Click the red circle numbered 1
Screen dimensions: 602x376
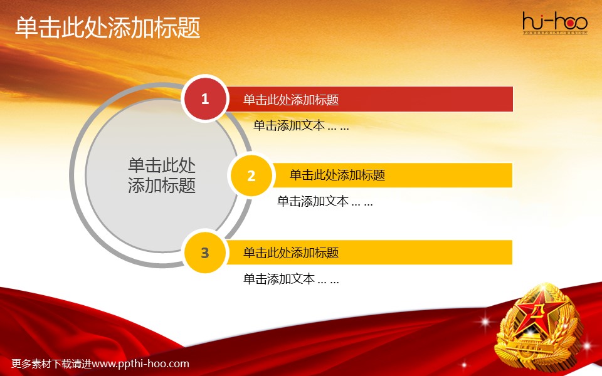(x=205, y=98)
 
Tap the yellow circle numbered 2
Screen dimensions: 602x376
(x=251, y=175)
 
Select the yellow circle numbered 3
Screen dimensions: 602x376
(x=205, y=253)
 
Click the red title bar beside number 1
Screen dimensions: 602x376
(x=369, y=99)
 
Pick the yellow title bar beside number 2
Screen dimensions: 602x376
(x=392, y=175)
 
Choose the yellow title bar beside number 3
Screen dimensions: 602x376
(x=369, y=253)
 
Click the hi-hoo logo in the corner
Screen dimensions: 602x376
(x=555, y=23)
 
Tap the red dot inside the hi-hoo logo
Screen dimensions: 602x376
(x=570, y=24)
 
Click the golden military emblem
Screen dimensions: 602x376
(x=537, y=326)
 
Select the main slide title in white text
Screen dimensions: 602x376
(x=108, y=28)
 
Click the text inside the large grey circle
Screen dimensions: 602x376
(x=162, y=175)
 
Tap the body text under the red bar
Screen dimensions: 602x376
(x=301, y=125)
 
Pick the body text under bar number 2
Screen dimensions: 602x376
(x=325, y=201)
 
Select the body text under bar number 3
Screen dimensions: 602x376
(x=291, y=279)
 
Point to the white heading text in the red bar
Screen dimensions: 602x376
(x=291, y=100)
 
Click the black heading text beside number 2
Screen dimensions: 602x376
(x=337, y=175)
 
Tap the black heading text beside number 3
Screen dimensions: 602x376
(x=291, y=253)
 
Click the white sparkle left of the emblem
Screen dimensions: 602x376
(x=485, y=321)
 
